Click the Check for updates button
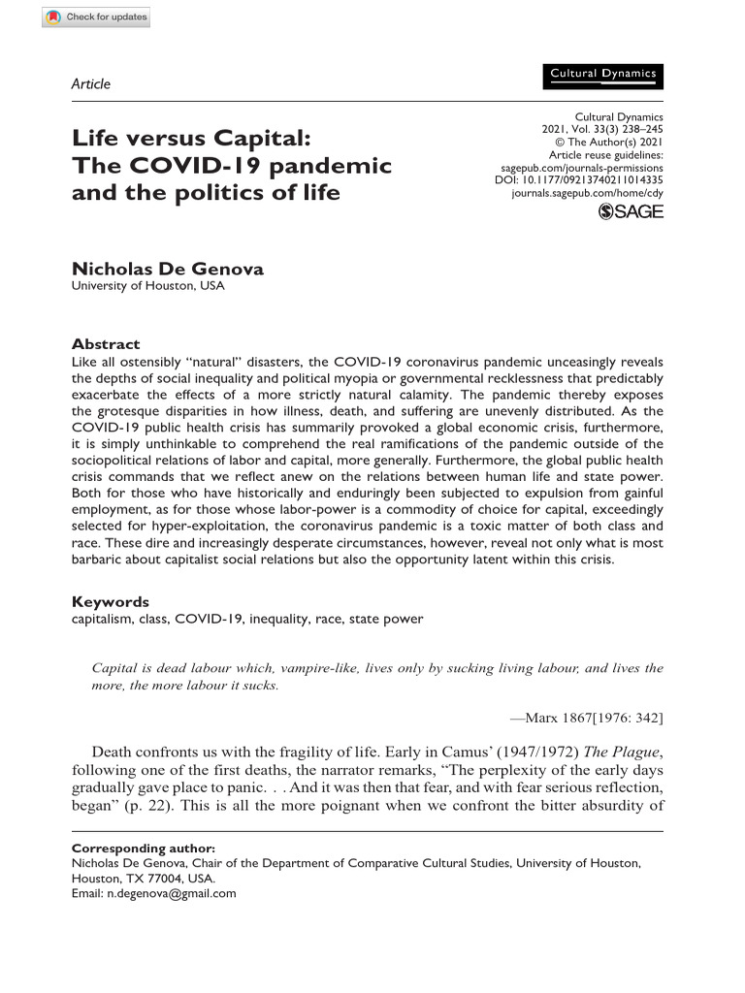pyautogui.click(x=96, y=18)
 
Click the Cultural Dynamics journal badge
pyautogui.click(x=602, y=74)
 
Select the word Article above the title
pyautogui.click(x=91, y=83)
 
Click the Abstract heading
pyautogui.click(x=106, y=344)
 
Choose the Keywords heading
pyautogui.click(x=111, y=601)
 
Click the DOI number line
pyautogui.click(x=579, y=179)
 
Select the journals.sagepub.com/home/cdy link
pyautogui.click(x=587, y=193)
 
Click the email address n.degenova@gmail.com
pyautogui.click(x=171, y=893)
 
